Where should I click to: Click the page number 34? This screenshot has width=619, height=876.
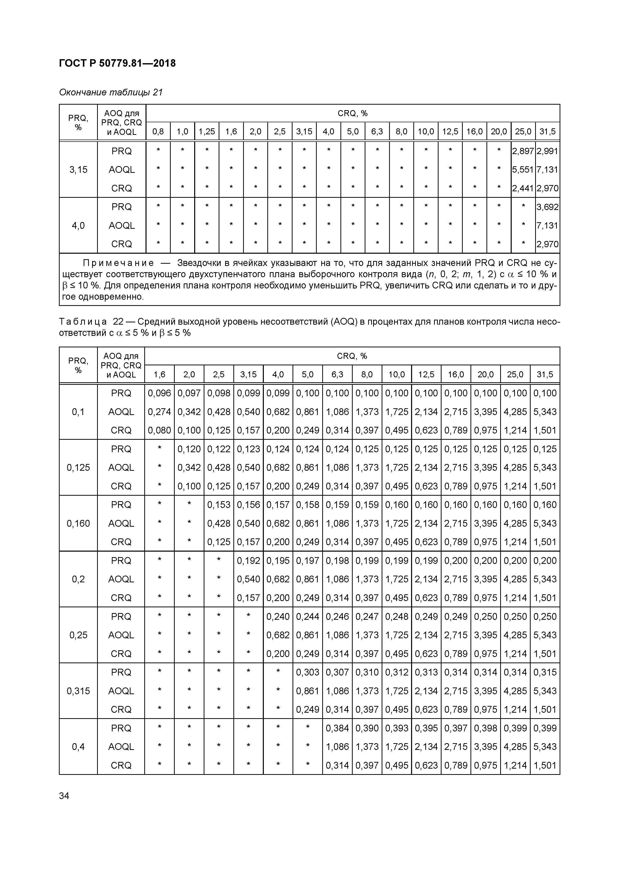(x=64, y=796)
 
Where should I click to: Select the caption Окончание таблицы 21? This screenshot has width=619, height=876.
(x=111, y=92)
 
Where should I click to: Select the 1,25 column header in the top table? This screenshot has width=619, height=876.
(x=207, y=132)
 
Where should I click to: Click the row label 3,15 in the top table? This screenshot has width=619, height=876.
(x=78, y=169)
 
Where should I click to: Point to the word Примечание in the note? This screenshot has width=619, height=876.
(x=119, y=263)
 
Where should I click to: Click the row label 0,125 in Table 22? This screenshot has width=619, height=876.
(x=78, y=467)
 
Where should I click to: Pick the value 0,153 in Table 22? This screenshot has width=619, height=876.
(x=219, y=504)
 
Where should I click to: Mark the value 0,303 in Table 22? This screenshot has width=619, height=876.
(x=308, y=672)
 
